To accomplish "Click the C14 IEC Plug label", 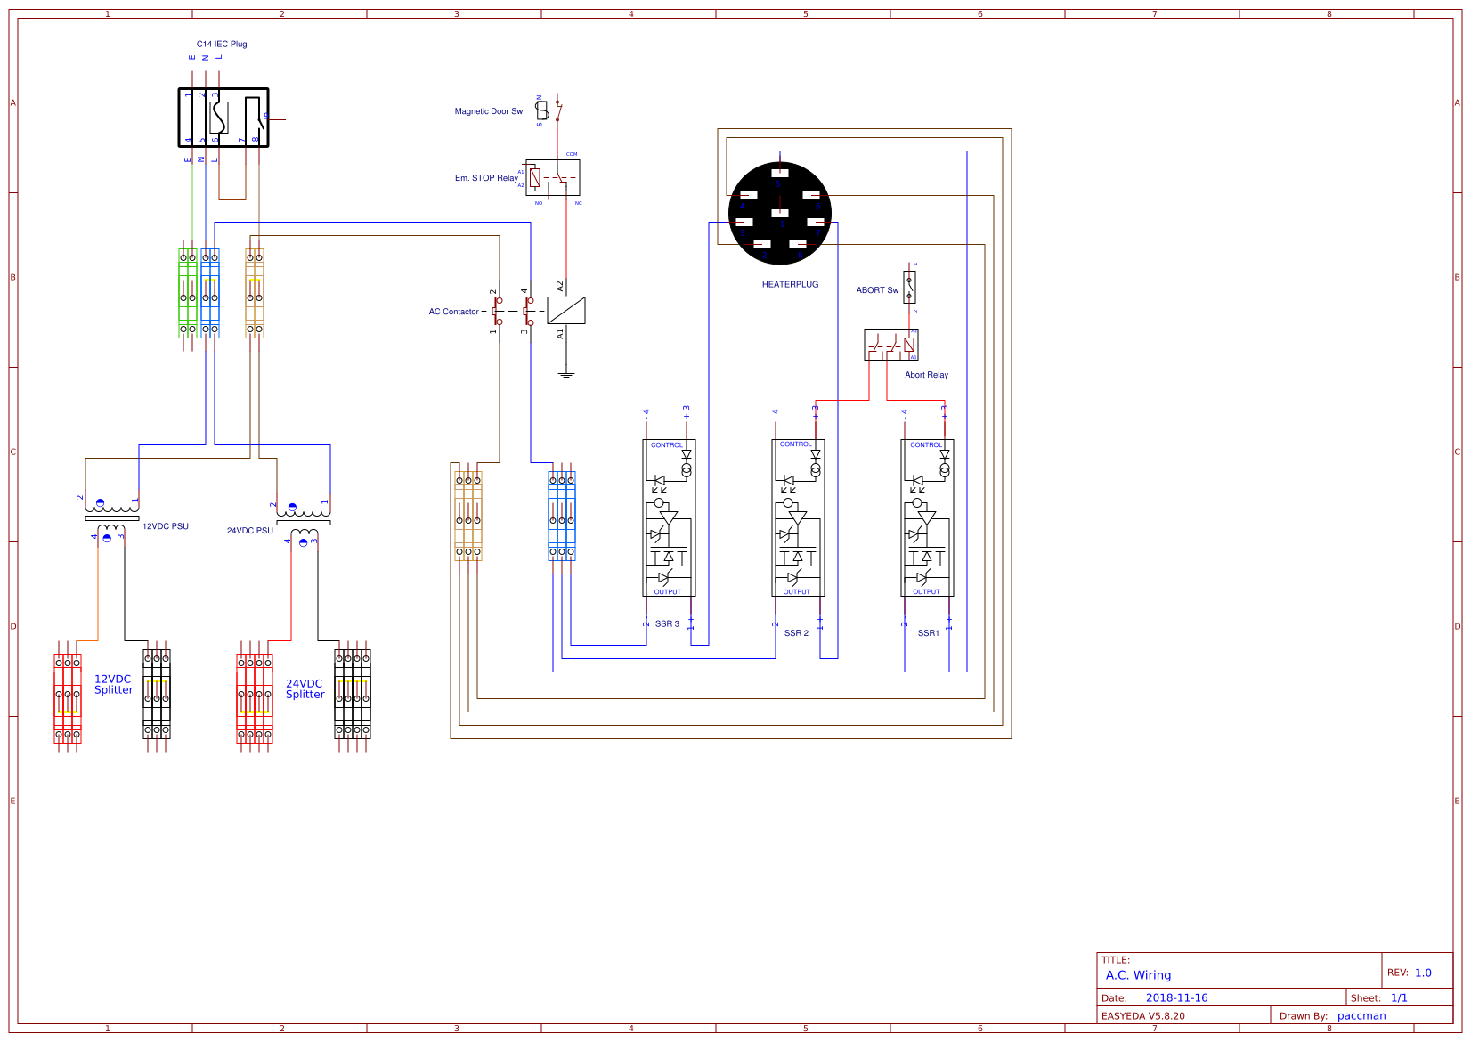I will click(222, 44).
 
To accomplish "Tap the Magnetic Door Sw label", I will click(488, 111).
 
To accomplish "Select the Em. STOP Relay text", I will click(486, 178).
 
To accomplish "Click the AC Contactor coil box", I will click(565, 310).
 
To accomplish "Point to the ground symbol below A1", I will click(565, 376).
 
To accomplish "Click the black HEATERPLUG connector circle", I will click(779, 213).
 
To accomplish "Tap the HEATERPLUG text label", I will click(790, 285).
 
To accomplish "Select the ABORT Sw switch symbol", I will click(909, 288).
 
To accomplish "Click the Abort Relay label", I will click(926, 375).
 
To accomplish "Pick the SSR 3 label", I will click(667, 624).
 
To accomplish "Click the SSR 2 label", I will click(796, 633).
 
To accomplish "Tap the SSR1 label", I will click(928, 633).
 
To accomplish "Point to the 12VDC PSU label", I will click(166, 526).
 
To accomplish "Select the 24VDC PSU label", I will click(249, 531).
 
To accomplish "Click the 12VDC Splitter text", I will click(113, 684).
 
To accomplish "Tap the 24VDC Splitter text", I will click(305, 689).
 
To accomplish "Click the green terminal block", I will click(187, 293).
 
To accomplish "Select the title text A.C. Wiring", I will click(1138, 975).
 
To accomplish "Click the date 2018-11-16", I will click(1176, 998).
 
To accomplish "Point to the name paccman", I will click(1361, 1016).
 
